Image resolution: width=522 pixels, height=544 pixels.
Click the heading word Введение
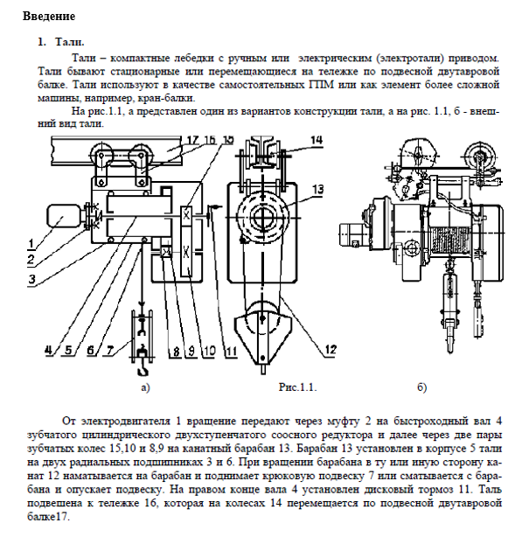[x=49, y=17]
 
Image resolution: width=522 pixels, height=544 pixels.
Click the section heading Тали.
[x=70, y=42]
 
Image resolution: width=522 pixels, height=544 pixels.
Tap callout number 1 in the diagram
[x=31, y=244]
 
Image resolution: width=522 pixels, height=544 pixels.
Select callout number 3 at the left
[x=31, y=279]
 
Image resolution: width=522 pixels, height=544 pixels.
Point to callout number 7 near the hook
[x=110, y=351]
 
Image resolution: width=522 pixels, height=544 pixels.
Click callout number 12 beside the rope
[x=331, y=349]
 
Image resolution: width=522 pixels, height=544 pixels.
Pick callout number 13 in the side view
[x=317, y=190]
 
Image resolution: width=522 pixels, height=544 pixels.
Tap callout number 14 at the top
[x=317, y=140]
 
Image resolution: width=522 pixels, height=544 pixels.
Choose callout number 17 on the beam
[x=193, y=139]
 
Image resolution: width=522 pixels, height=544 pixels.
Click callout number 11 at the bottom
[x=231, y=351]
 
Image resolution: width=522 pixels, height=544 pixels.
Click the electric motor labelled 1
[x=63, y=217]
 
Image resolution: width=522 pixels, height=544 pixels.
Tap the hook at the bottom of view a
[x=143, y=368]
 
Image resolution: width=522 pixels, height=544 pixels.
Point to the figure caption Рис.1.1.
[x=297, y=387]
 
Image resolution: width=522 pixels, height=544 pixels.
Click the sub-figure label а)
[x=146, y=387]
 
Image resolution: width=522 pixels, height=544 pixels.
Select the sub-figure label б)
[x=422, y=387]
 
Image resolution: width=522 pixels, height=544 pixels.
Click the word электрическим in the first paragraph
[x=335, y=58]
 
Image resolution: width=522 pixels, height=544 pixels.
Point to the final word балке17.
[x=49, y=517]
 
